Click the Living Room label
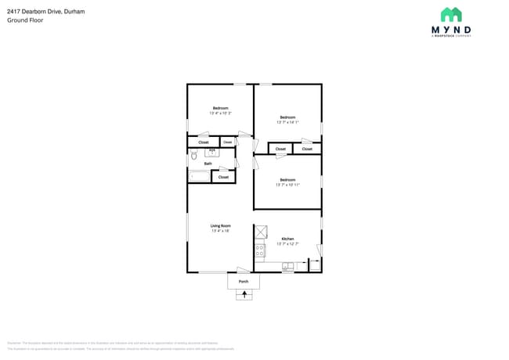[220, 225]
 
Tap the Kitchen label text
[287, 238]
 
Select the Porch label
[244, 281]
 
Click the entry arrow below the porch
[244, 295]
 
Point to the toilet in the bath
[193, 157]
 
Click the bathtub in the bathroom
[198, 177]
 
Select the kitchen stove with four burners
[259, 250]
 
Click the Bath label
[208, 164]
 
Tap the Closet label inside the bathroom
[223, 177]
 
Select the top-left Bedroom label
[220, 108]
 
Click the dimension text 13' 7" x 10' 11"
[287, 185]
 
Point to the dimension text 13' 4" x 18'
[220, 231]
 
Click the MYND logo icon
[450, 15]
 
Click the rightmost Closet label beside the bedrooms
[307, 149]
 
